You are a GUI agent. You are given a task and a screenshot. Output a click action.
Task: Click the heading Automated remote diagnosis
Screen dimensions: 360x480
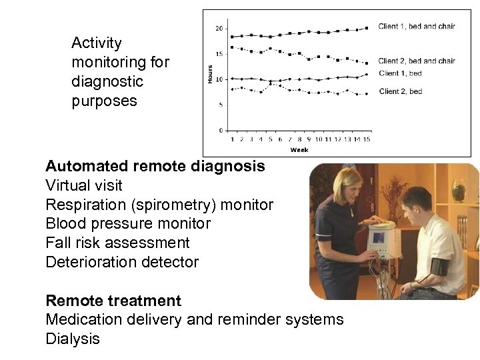155,166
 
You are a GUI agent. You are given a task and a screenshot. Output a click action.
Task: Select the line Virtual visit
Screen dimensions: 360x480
84,185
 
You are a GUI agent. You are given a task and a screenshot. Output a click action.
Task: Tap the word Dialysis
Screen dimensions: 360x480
73,339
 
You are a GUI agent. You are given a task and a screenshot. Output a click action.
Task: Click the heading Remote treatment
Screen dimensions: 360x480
113,301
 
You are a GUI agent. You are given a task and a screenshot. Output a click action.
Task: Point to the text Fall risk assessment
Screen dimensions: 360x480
117,243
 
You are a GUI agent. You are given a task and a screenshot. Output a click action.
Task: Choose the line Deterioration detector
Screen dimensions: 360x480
122,262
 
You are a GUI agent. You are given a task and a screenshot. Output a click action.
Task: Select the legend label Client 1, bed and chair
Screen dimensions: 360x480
416,27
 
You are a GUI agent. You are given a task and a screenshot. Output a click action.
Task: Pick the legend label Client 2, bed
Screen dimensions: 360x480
400,91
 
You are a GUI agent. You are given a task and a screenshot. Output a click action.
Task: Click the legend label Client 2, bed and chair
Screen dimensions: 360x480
416,61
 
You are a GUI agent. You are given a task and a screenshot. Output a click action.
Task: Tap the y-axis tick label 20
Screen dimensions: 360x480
219,29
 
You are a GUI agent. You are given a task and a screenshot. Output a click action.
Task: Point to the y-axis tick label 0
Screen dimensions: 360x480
221,129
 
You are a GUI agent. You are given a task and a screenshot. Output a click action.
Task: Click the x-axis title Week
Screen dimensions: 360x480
299,150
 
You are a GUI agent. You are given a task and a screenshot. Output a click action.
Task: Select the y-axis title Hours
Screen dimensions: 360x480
210,78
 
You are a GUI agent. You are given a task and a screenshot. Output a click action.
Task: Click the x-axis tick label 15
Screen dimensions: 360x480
367,139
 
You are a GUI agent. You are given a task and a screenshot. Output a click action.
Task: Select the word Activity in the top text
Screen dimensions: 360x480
97,43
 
